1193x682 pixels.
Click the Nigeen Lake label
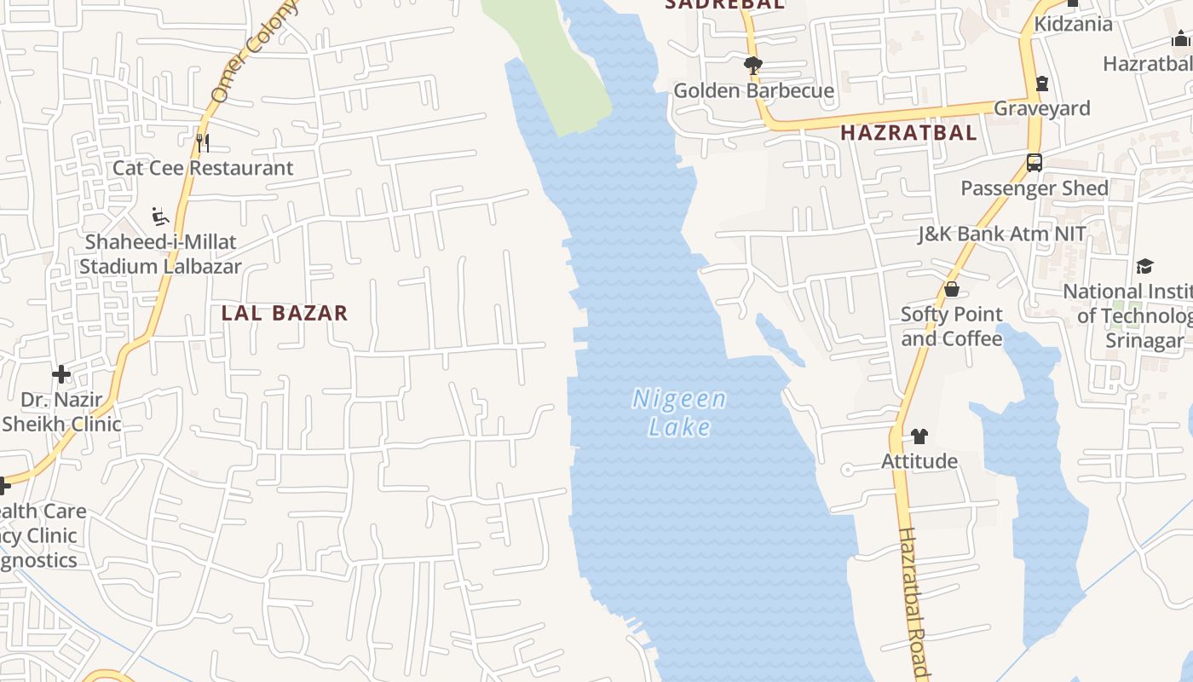pos(679,412)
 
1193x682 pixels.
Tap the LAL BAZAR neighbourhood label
pos(285,313)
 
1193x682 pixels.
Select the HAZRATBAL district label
pos(908,133)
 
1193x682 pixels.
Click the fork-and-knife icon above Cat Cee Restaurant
pos(202,142)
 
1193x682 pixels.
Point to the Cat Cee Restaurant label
pos(203,168)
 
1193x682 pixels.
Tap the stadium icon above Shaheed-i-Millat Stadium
pos(159,217)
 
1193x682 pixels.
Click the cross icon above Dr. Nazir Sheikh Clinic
pos(61,374)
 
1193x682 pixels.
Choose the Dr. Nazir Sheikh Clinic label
pos(61,412)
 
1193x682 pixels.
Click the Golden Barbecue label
pos(753,90)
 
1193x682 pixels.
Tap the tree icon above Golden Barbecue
pos(752,65)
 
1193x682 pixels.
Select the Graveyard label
pos(1041,108)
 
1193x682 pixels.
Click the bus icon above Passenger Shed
pos(1035,162)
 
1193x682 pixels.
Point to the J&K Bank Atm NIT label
pos(1001,234)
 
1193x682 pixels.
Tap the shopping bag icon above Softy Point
pos(952,290)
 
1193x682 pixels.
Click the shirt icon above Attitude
pos(919,436)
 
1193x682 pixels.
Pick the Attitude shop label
pos(919,461)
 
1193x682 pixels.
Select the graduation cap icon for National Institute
pos(1144,266)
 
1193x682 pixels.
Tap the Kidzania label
pos(1073,24)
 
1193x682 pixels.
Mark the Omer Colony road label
pos(255,51)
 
